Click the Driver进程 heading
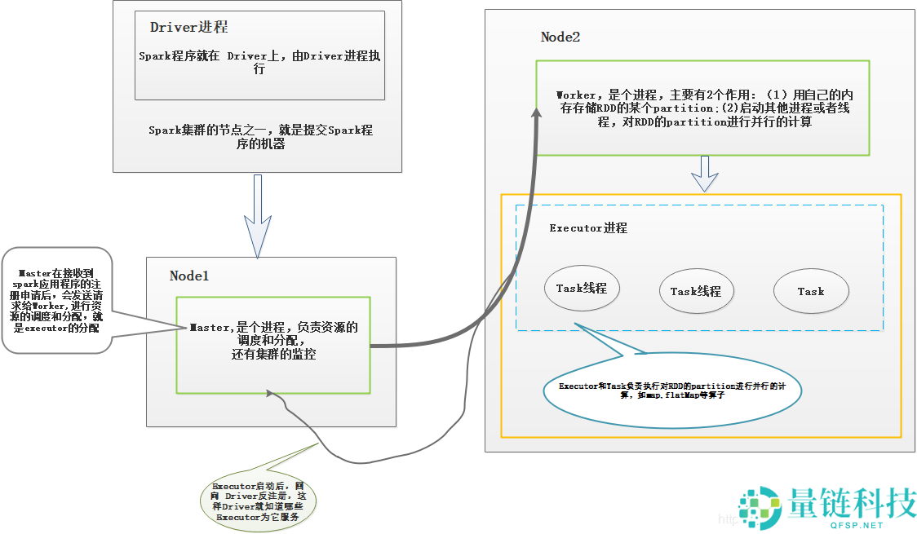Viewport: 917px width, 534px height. pyautogui.click(x=188, y=27)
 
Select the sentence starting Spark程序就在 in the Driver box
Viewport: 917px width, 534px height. pyautogui.click(x=259, y=63)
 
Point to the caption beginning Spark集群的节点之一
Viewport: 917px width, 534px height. pyautogui.click(x=260, y=136)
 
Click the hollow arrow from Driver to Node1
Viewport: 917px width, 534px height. pyautogui.click(x=258, y=216)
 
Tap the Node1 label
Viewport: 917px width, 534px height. pyautogui.click(x=189, y=276)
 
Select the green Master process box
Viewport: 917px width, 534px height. pyautogui.click(x=273, y=344)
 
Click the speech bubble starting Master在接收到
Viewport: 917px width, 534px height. pyautogui.click(x=57, y=299)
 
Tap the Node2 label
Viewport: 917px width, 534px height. pyautogui.click(x=560, y=37)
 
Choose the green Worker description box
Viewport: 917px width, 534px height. pyautogui.click(x=702, y=108)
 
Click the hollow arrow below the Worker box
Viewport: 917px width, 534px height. pyautogui.click(x=704, y=173)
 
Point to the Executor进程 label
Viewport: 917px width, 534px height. pyautogui.click(x=588, y=228)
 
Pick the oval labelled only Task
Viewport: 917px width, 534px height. pyautogui.click(x=811, y=291)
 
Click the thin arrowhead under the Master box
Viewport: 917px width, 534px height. pyautogui.click(x=270, y=394)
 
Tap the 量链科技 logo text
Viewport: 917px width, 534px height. pyautogui.click(x=852, y=503)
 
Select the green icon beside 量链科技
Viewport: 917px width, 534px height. pyautogui.click(x=760, y=508)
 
